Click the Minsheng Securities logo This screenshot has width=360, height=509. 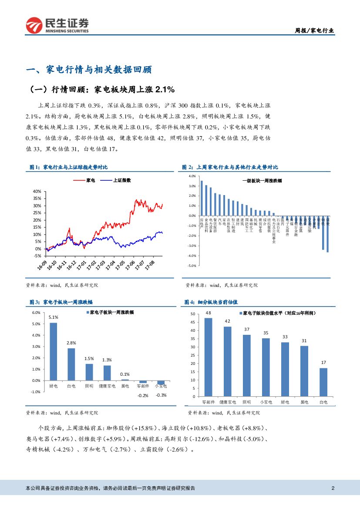57,25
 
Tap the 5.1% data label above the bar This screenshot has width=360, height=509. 53,318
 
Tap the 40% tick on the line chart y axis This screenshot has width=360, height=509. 37,191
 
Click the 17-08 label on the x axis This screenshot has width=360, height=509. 149,264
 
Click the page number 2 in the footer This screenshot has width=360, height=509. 333,488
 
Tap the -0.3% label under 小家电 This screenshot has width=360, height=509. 161,395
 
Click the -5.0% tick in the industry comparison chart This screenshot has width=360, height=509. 192,266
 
